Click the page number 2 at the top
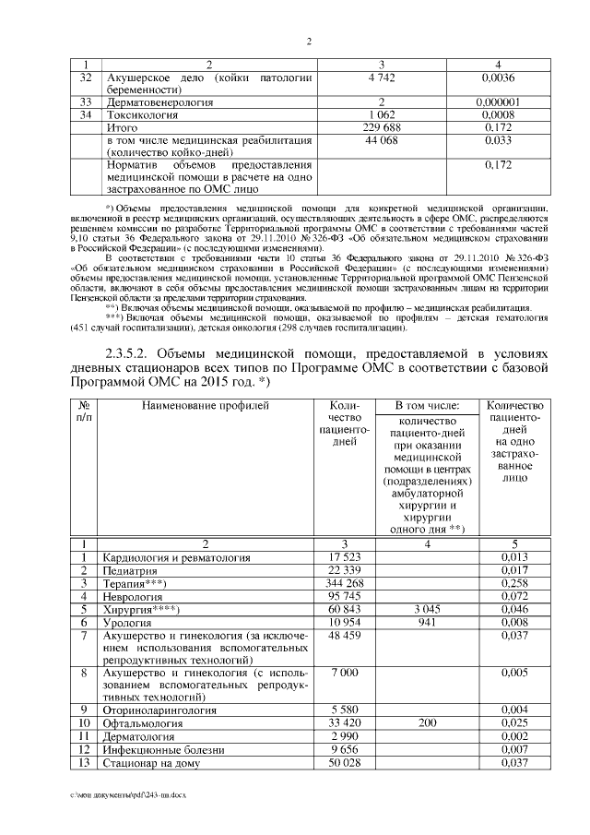click(309, 41)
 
